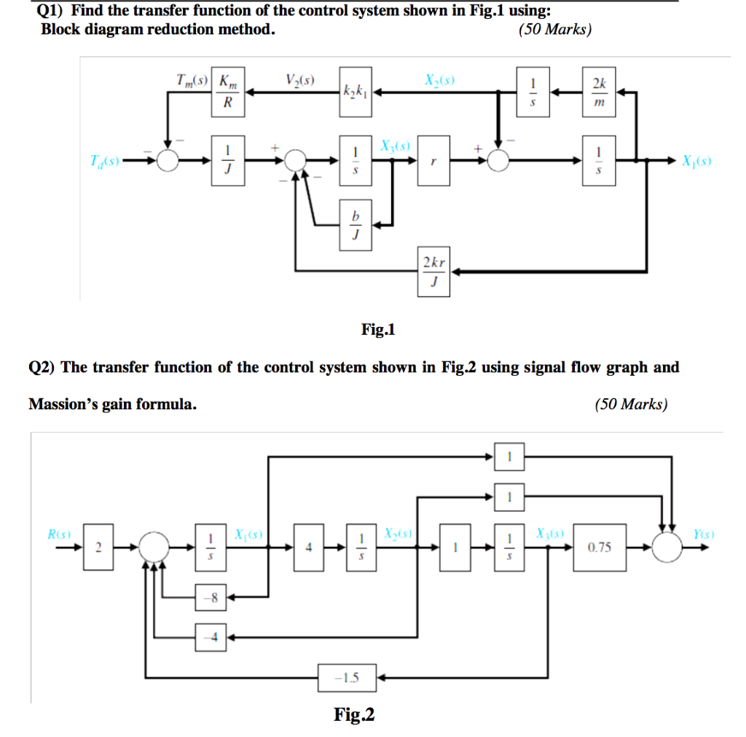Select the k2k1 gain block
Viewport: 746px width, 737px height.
click(356, 92)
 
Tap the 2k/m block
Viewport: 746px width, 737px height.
click(598, 92)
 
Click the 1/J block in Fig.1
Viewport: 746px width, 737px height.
click(228, 159)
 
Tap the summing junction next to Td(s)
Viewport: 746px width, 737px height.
click(168, 160)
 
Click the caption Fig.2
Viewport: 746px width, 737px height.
click(354, 714)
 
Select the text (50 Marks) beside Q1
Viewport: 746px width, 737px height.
click(555, 30)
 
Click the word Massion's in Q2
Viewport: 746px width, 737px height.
click(63, 404)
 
